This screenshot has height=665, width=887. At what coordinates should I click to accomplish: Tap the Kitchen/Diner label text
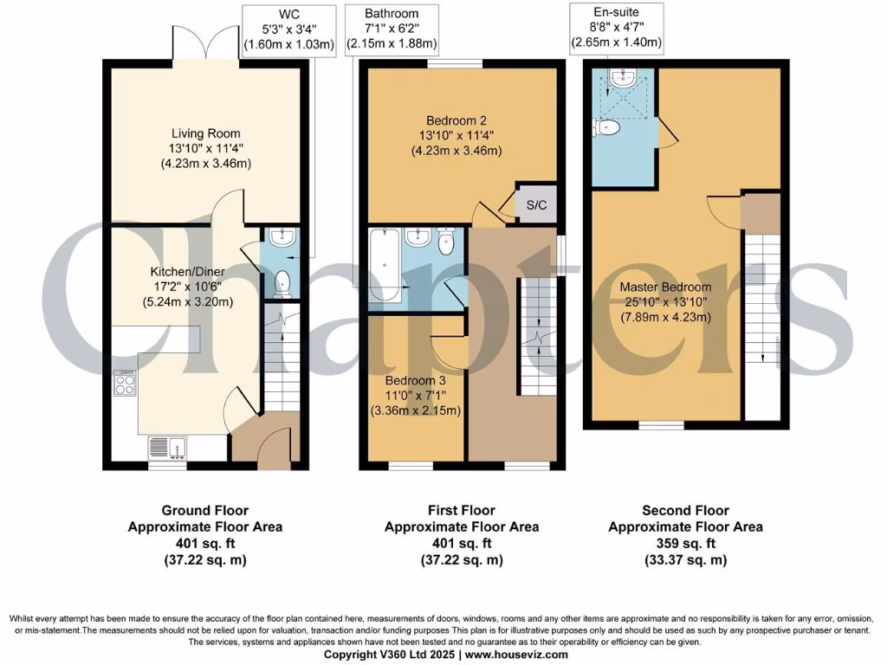coord(188,272)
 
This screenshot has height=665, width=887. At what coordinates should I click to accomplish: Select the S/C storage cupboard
coord(536,204)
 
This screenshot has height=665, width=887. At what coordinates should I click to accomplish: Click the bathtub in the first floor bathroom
coord(384,267)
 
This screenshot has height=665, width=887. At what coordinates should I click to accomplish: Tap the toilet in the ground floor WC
coord(282,282)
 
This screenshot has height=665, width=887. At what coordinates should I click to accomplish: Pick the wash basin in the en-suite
coord(622,81)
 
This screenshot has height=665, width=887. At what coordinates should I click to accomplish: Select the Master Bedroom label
coord(665,287)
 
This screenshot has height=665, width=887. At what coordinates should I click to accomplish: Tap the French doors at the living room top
coord(205,50)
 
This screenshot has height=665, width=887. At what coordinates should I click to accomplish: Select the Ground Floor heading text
coord(205,510)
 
